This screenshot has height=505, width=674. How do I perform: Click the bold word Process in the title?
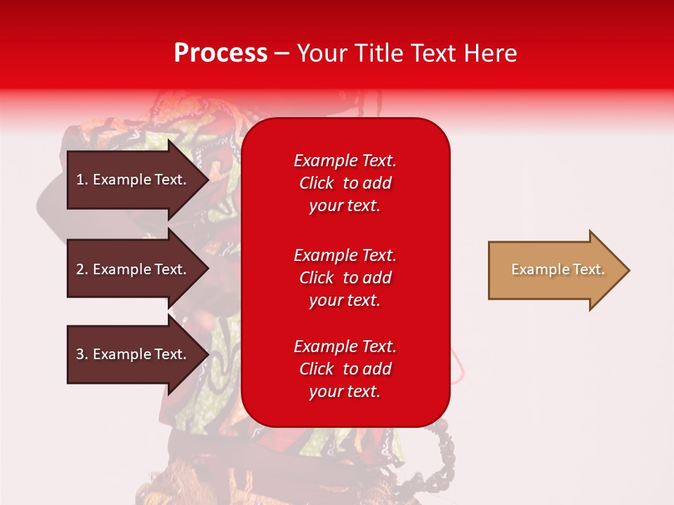(x=220, y=53)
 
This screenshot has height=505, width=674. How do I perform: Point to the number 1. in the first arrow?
(x=82, y=180)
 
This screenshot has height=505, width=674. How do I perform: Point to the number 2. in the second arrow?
(x=82, y=269)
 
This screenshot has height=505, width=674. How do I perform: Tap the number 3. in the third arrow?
(x=82, y=354)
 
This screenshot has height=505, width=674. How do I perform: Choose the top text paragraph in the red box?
(x=345, y=183)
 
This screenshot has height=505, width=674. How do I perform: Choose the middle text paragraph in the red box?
(x=345, y=278)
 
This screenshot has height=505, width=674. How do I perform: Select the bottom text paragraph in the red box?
(x=345, y=369)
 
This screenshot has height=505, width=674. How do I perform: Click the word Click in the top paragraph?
(x=316, y=183)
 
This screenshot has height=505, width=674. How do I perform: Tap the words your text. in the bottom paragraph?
(x=345, y=391)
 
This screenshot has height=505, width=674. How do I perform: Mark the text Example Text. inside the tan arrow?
(x=557, y=269)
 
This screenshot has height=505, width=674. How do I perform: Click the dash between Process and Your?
(x=282, y=53)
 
